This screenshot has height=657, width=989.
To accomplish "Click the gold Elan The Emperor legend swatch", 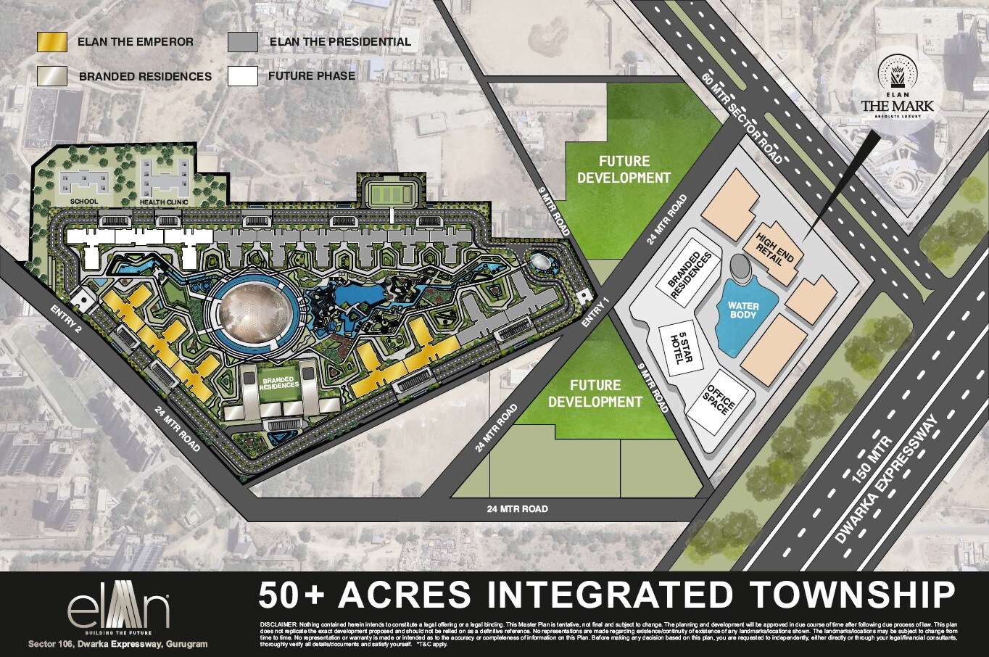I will click(51, 41).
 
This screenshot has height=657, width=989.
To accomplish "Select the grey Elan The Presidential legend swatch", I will click(243, 41).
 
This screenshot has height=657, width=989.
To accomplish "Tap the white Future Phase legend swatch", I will click(243, 75).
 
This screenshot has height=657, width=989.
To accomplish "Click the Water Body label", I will click(744, 310).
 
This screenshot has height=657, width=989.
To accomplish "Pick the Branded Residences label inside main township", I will click(280, 382).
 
